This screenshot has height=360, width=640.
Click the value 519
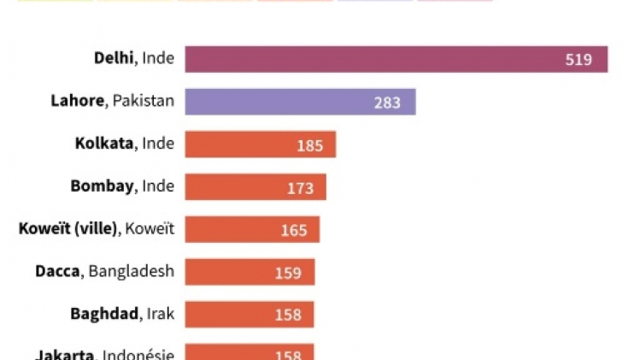578,60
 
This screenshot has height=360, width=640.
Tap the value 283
387,103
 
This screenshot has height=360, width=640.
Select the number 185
309,145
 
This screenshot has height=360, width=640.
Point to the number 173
300,188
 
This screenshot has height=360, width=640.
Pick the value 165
294,230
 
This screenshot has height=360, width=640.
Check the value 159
289,273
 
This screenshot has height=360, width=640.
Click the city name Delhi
114,58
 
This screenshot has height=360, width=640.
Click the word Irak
160,314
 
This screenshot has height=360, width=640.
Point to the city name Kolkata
104,143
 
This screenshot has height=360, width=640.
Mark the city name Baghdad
104,314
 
